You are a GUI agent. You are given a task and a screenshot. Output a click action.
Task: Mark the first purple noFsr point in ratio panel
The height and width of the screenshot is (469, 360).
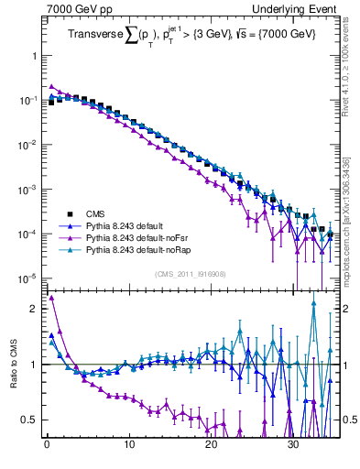click(51, 297)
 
